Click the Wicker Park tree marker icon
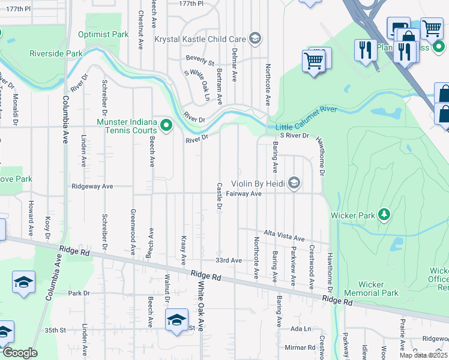pyautogui.click(x=384, y=215)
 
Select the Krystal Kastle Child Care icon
pyautogui.click(x=255, y=39)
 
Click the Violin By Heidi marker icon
pyautogui.click(x=294, y=183)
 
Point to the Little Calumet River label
pyautogui.click(x=306, y=111)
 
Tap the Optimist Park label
pyautogui.click(x=103, y=34)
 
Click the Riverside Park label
pyautogui.click(x=56, y=53)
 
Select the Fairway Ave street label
pyautogui.click(x=244, y=194)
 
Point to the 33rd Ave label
pyautogui.click(x=228, y=260)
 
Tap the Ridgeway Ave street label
pyautogui.click(x=92, y=187)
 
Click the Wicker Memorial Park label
pyautogui.click(x=378, y=289)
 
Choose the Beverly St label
pyautogui.click(x=200, y=61)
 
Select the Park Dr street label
pyautogui.click(x=79, y=293)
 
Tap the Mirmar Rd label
pyautogui.click(x=300, y=347)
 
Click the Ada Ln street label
pyautogui.click(x=301, y=329)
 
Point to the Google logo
pyautogui.click(x=20, y=353)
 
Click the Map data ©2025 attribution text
pyautogui.click(x=424, y=355)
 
